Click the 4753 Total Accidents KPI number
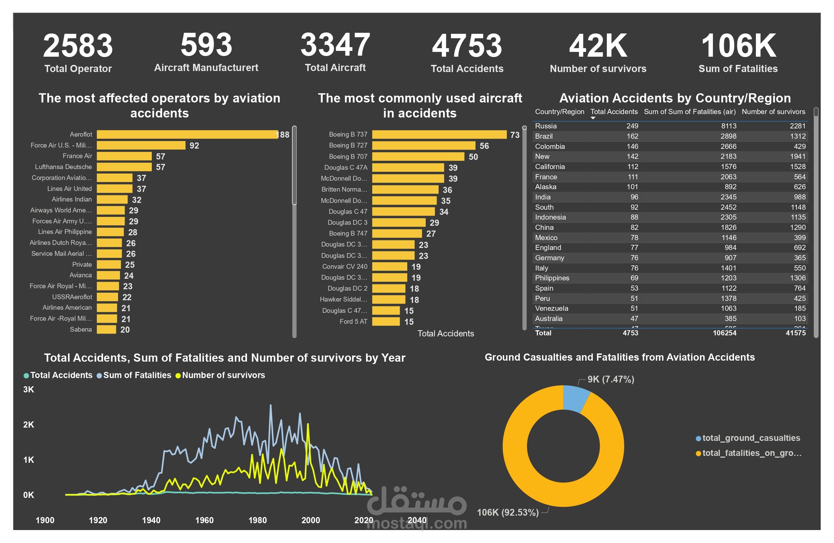(x=467, y=46)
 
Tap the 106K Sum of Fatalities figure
(x=738, y=46)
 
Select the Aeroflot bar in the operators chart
(x=187, y=134)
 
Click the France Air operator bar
(x=124, y=156)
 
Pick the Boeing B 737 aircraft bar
(x=439, y=134)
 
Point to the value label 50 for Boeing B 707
(x=473, y=157)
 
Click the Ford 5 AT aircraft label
(x=353, y=321)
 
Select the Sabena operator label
(x=81, y=329)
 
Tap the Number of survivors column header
(x=773, y=112)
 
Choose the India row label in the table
(x=542, y=197)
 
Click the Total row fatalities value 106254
(x=724, y=333)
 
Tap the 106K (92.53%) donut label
(x=508, y=513)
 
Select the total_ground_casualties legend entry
(x=750, y=438)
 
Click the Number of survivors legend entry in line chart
(x=223, y=375)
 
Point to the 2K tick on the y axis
(x=29, y=424)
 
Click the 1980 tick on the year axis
(x=258, y=520)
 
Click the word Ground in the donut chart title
(x=502, y=357)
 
